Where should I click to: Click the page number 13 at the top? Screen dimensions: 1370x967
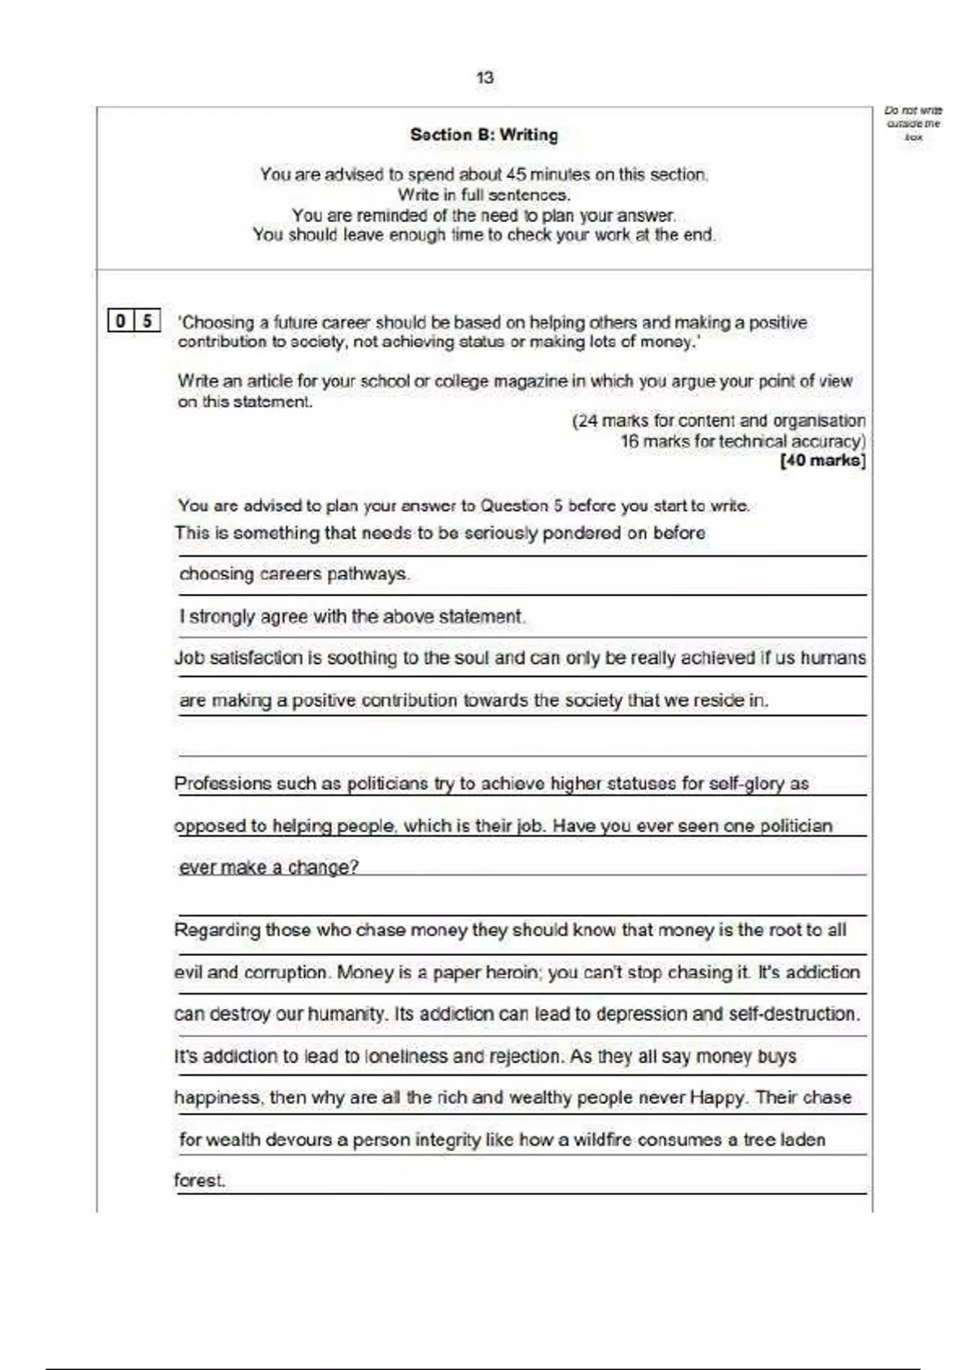click(x=484, y=78)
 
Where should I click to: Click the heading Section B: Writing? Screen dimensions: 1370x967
click(x=483, y=135)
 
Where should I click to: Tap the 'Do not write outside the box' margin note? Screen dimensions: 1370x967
click(x=913, y=123)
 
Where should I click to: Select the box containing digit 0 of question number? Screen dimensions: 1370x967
click(x=121, y=321)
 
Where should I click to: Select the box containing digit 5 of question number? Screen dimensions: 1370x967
click(x=147, y=321)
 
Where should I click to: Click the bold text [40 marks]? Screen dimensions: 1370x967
click(x=823, y=461)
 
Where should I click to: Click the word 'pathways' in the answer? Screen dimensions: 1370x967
click(x=375, y=575)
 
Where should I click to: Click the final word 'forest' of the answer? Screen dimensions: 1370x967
click(x=198, y=1181)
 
